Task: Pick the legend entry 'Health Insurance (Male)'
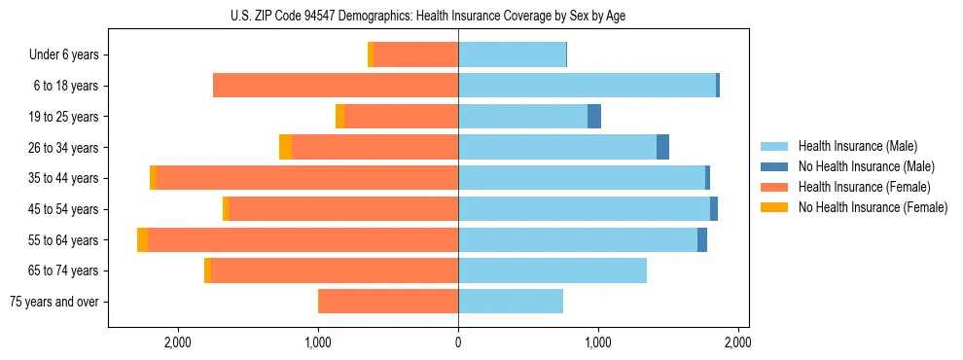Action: point(857,146)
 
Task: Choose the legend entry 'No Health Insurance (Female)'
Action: point(873,207)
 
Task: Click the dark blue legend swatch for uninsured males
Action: point(775,166)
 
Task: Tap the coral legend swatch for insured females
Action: point(775,187)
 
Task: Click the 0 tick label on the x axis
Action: point(458,342)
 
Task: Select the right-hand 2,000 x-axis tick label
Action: point(737,342)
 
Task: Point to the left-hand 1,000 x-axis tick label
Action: point(318,342)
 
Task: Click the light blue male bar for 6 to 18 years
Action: point(587,86)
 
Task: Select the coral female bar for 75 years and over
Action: point(388,302)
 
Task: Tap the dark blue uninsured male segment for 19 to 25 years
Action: point(594,117)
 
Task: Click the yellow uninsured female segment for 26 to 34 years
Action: point(285,148)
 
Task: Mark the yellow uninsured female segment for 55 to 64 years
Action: point(143,240)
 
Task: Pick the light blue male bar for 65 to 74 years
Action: point(553,270)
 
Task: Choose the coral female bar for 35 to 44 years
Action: point(307,178)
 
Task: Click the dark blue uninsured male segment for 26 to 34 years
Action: point(662,148)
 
